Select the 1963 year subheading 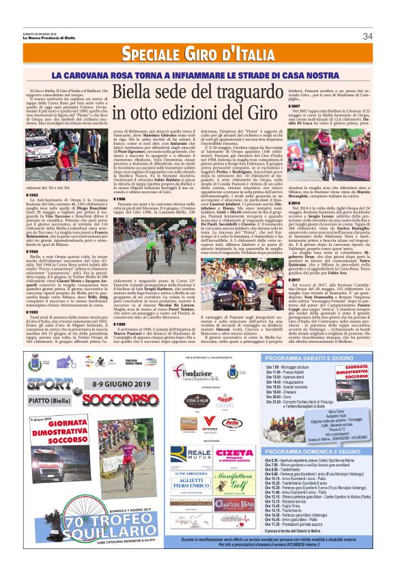point(33,194)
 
